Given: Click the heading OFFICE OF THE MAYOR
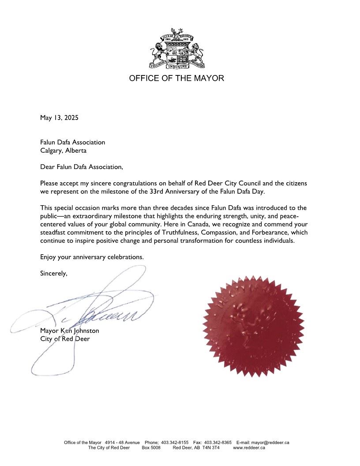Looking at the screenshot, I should tap(176, 79).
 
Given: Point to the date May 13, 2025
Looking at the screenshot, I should tap(59, 118).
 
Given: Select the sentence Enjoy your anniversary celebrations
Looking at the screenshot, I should tap(92, 257).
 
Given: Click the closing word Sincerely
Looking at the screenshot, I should tap(54, 273).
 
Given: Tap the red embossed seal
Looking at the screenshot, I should tap(253, 326).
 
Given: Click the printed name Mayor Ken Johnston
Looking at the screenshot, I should tap(70, 331).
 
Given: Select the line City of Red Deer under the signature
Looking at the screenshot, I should tap(65, 339).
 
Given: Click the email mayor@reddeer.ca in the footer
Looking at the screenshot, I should tap(270, 442).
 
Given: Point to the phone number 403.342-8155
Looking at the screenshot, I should tap(175, 442).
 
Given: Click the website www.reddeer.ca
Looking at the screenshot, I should tap(249, 447).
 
